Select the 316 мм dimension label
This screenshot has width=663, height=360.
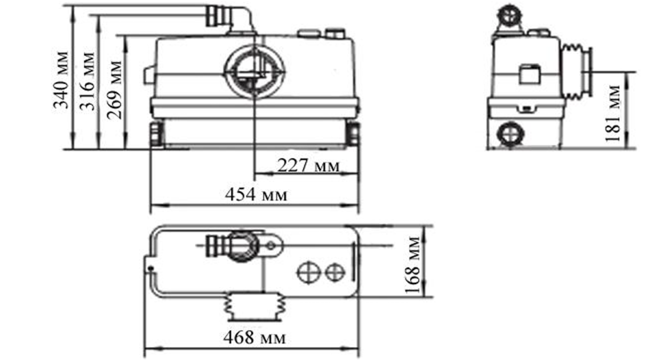[87, 81]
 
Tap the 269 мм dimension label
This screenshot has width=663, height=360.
[114, 89]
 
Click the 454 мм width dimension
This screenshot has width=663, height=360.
[256, 195]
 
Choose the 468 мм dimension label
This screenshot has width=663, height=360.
[254, 338]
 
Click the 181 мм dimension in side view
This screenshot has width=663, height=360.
[614, 113]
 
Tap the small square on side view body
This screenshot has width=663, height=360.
[529, 74]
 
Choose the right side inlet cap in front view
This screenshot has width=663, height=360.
[354, 133]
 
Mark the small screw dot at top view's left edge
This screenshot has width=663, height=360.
[150, 268]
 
